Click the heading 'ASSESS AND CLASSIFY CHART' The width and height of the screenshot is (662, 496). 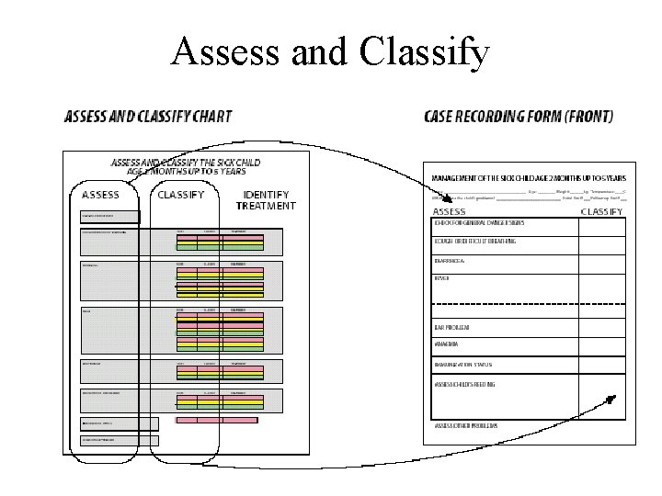[x=147, y=117]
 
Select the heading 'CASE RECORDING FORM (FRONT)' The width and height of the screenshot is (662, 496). [x=519, y=117]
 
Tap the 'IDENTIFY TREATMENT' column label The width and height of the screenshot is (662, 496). [x=267, y=200]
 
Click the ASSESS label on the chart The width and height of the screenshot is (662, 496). [x=101, y=195]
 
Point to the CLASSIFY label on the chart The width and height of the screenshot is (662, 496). [x=181, y=195]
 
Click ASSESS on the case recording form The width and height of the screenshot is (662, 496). [x=450, y=211]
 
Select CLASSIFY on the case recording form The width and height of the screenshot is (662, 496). [x=601, y=211]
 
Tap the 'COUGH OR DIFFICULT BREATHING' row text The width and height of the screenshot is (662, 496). [x=474, y=242]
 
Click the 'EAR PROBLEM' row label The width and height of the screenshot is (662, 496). [x=453, y=327]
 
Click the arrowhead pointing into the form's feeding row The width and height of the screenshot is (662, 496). [x=610, y=400]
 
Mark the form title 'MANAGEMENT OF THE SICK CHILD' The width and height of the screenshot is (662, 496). [x=530, y=177]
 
